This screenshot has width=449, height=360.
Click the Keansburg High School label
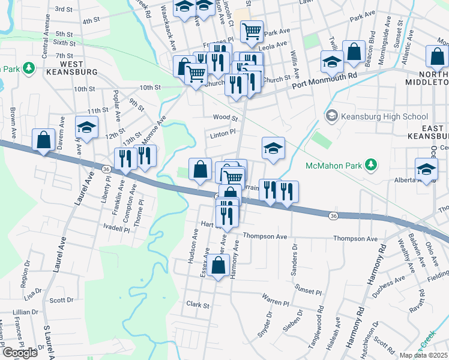pyautogui.click(x=384, y=117)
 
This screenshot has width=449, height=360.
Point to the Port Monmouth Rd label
pyautogui.click(x=324, y=81)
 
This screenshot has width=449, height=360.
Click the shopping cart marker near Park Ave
pyautogui.click(x=252, y=31)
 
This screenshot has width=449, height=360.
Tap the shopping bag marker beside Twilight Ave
pyautogui.click(x=354, y=50)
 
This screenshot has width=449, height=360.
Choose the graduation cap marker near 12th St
pyautogui.click(x=87, y=127)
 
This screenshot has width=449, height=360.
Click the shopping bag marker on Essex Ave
pyautogui.click(x=220, y=265)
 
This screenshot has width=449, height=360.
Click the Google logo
pyautogui.click(x=20, y=353)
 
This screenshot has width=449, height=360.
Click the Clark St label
pyautogui.click(x=197, y=305)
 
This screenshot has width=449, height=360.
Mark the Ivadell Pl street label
pyautogui.click(x=116, y=229)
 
